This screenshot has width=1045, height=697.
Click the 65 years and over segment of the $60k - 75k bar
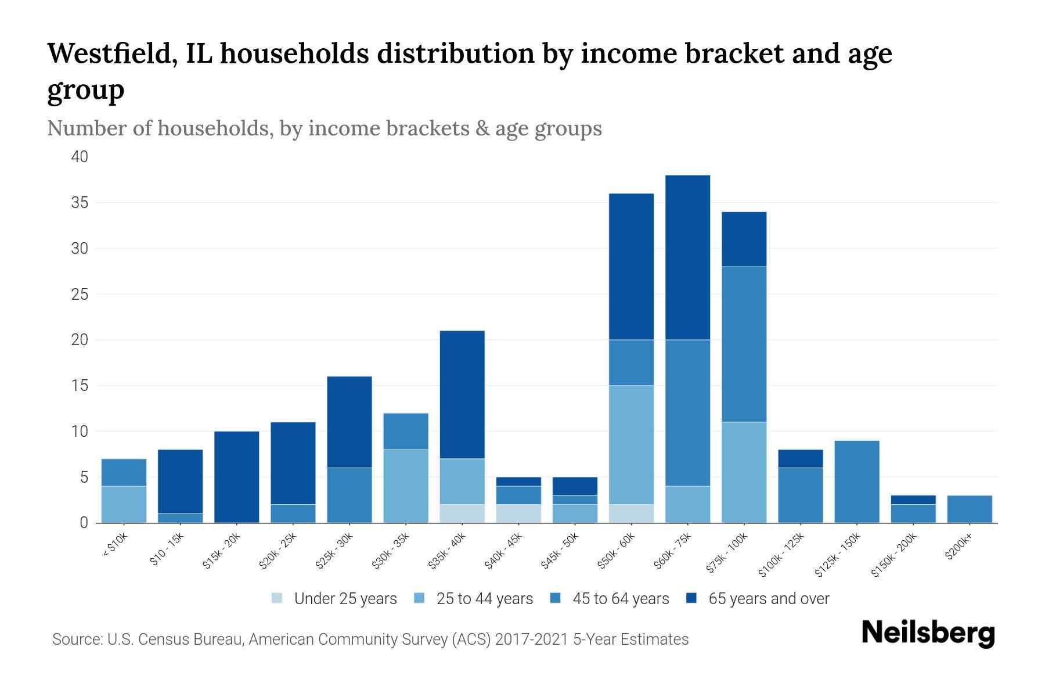point(687,257)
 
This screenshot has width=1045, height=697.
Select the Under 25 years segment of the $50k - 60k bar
point(631,513)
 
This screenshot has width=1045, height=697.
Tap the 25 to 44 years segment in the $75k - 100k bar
point(744,472)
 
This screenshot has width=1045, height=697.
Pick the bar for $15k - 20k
point(237,477)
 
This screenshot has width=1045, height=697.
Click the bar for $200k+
point(969,509)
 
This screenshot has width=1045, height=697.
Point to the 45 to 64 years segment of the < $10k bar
point(124,472)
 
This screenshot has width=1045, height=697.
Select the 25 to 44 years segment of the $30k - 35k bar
point(406,486)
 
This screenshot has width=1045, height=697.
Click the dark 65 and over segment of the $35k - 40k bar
point(462,394)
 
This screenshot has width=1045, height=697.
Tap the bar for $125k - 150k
point(856,482)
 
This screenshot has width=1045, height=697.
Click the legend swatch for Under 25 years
point(278,598)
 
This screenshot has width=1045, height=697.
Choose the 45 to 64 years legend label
point(620,599)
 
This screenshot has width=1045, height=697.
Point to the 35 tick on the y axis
point(80,203)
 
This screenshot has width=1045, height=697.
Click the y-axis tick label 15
point(80,386)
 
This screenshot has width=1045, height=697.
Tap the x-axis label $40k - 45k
point(505,551)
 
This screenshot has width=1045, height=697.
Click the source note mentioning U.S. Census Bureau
point(370,639)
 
